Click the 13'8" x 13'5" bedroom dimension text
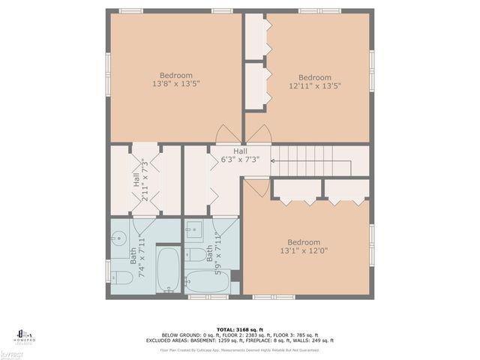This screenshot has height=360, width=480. click(x=176, y=84)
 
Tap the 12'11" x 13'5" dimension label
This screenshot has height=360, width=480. click(x=315, y=86)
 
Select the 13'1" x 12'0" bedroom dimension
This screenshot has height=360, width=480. click(x=304, y=251)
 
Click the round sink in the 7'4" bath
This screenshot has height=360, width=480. click(x=119, y=241)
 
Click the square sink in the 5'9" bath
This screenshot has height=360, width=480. click(x=193, y=231)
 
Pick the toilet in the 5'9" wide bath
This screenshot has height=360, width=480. click(x=197, y=255)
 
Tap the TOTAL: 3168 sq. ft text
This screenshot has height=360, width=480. click(x=240, y=329)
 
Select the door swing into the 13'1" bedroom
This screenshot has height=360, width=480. click(x=255, y=186)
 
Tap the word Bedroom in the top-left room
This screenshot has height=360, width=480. click(x=176, y=75)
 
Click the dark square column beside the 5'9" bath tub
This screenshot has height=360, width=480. click(x=235, y=275)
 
